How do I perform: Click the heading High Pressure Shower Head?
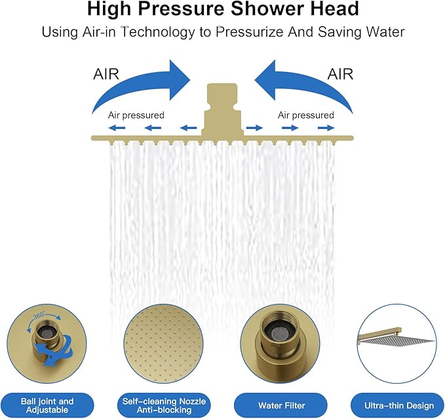222,10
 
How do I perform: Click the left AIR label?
106,74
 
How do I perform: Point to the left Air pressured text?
136,115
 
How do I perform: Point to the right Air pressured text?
305,115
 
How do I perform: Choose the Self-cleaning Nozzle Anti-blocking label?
164,405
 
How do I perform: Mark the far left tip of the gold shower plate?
92,137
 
